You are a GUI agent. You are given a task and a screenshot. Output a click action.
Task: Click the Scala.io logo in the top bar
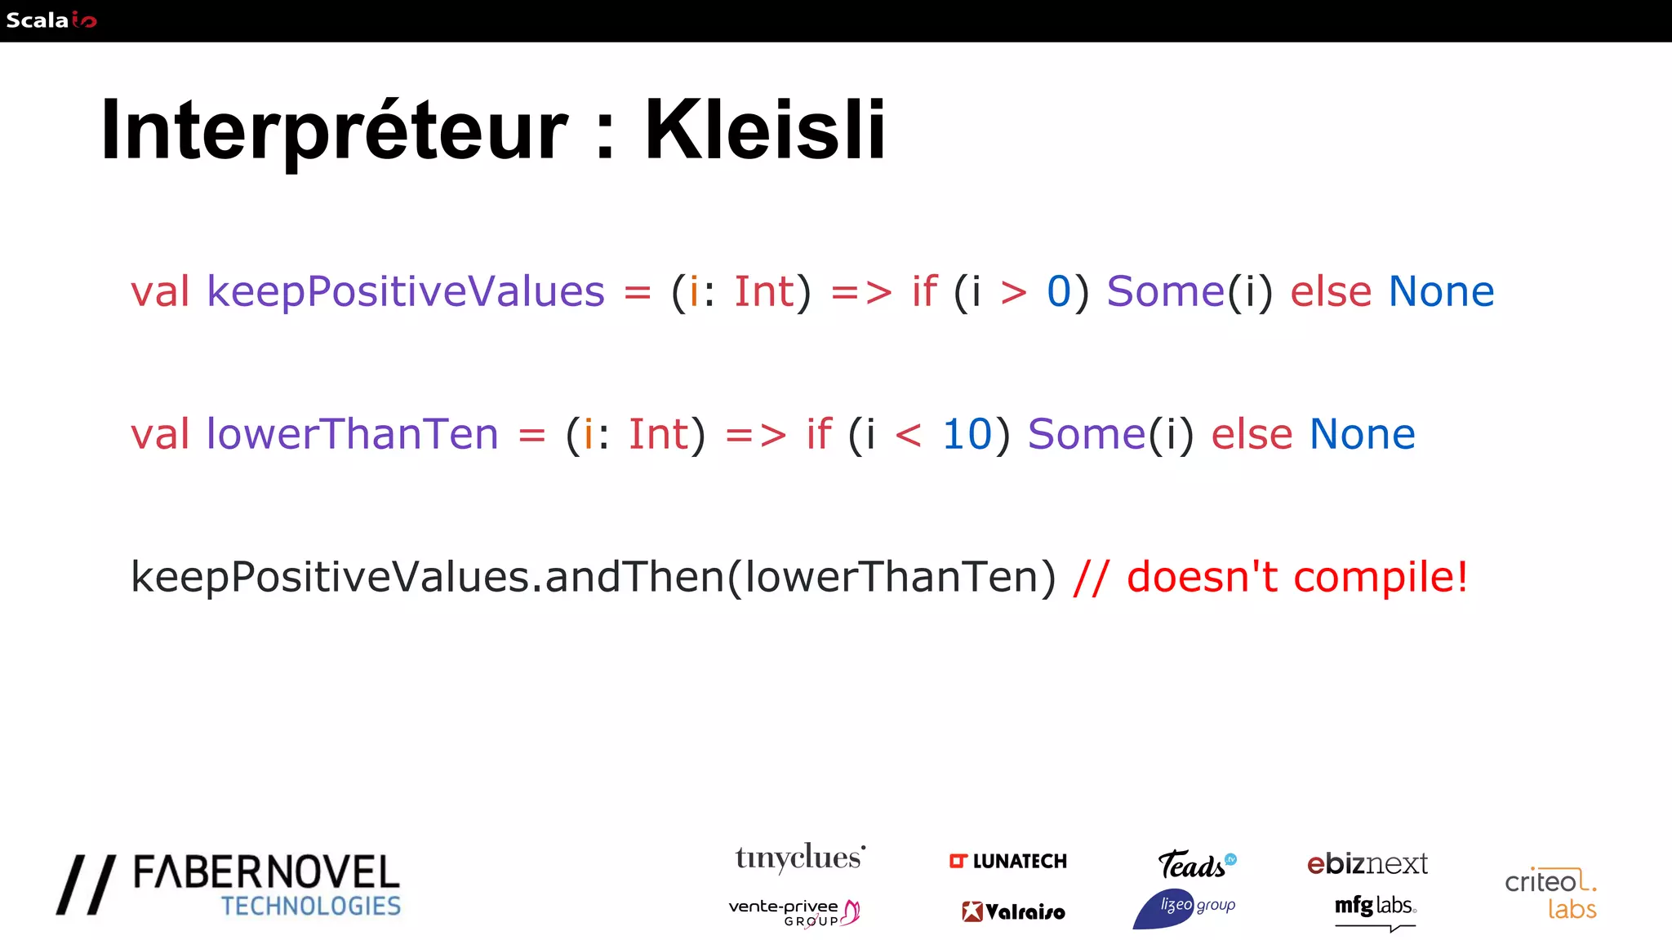click(51, 20)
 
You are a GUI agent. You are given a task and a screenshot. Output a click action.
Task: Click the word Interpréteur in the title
click(333, 131)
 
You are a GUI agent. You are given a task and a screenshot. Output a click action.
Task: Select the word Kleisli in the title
click(765, 131)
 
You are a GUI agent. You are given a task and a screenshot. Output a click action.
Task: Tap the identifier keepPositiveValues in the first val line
click(406, 292)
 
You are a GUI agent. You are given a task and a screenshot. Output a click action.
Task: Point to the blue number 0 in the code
click(1059, 292)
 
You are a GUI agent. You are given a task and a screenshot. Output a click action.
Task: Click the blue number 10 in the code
click(967, 434)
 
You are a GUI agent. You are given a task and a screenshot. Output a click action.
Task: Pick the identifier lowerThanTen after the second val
click(352, 434)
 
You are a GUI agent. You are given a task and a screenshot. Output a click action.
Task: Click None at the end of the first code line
click(1441, 292)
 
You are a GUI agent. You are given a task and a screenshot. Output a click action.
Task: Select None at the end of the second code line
click(1362, 434)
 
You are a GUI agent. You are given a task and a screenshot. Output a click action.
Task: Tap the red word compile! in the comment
click(1381, 578)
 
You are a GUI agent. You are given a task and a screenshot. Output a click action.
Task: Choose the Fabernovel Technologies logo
click(229, 886)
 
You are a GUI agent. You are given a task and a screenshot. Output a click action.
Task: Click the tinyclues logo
click(799, 858)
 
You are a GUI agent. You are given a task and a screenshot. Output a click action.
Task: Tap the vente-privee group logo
click(794, 912)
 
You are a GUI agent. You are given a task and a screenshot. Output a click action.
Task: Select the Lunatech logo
click(1008, 862)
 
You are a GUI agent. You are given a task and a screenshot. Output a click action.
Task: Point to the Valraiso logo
click(1013, 911)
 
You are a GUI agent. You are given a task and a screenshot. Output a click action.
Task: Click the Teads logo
click(1196, 864)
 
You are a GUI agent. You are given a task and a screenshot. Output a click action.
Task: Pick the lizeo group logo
click(1185, 907)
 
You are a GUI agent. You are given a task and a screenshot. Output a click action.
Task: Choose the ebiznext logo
click(1367, 863)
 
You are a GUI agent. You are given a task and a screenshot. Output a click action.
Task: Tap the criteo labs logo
click(1550, 894)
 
